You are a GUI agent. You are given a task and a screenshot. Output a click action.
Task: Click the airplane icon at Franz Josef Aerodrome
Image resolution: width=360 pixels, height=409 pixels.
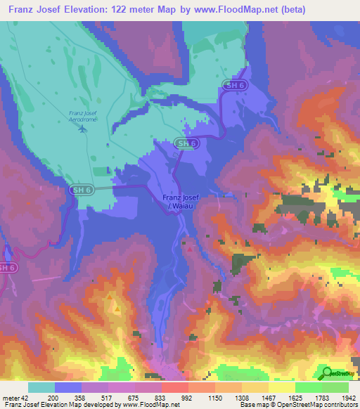(x=83, y=128)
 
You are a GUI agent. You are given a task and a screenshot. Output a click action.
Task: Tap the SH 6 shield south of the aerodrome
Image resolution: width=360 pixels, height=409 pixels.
(x=82, y=190)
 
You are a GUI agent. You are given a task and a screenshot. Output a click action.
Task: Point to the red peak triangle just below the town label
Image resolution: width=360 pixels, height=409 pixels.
(x=188, y=247)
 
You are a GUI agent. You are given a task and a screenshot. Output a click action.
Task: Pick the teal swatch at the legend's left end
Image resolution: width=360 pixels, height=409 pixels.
(x=41, y=387)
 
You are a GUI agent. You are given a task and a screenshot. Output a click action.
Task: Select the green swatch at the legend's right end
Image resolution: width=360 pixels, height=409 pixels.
(x=335, y=387)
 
